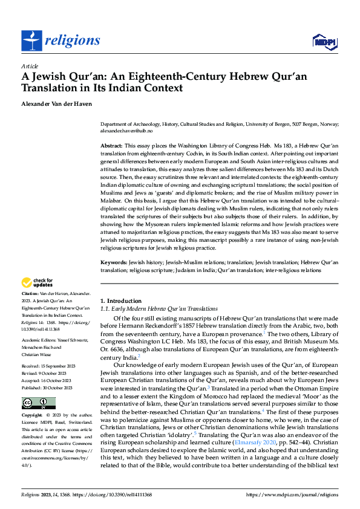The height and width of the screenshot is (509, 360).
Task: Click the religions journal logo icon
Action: pos(32,41)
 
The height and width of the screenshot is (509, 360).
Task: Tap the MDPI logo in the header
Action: pos(324,41)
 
